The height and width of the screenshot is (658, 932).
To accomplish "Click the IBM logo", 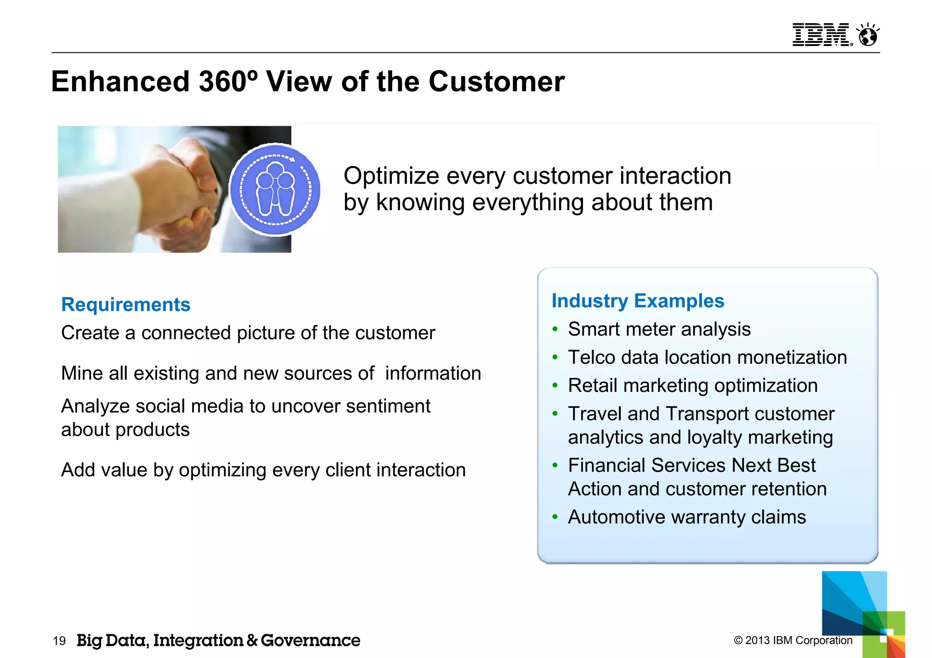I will (x=821, y=35).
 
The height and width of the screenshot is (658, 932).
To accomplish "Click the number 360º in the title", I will (x=228, y=82).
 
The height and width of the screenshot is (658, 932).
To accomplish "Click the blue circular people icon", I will (x=275, y=190).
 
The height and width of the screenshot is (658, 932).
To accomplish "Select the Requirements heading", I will (x=126, y=305).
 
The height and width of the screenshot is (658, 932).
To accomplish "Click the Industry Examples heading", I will (x=638, y=301).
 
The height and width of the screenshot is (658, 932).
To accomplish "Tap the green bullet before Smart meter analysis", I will (x=555, y=330).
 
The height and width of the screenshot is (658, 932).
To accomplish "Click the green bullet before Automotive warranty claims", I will (x=555, y=517).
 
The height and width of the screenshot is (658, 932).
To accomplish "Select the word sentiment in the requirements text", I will (x=388, y=406).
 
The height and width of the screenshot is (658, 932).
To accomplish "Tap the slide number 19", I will (x=59, y=641).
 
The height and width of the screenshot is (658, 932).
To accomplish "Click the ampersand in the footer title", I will (x=252, y=641).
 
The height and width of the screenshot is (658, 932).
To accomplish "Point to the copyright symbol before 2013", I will (x=738, y=641).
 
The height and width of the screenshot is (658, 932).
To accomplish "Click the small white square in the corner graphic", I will (x=883, y=638).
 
